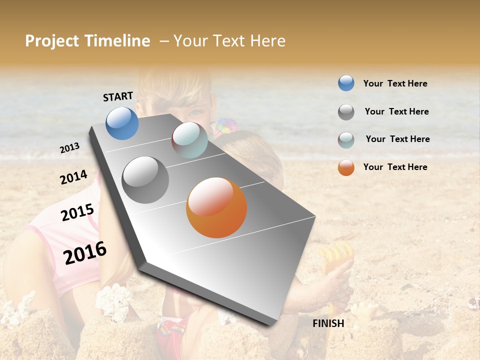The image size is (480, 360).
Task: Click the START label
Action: click(118, 96)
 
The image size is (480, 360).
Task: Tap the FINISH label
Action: click(328, 323)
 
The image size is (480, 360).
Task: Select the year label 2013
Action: click(70, 148)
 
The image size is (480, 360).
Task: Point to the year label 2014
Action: click(73, 177)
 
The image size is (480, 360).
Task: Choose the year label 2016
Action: click(85, 253)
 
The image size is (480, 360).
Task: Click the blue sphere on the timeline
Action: click(122, 123)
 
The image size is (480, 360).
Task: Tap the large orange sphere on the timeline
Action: click(216, 207)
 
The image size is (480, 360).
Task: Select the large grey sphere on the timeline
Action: click(145, 180)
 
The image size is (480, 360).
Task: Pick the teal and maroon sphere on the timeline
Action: click(189, 140)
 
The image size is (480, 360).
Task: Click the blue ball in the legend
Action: click(346, 83)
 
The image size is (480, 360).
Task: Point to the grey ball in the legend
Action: click(346, 112)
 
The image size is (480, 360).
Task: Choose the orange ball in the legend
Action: click(346, 167)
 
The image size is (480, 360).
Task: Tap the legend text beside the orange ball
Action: click(395, 167)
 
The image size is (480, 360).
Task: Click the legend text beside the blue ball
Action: click(395, 83)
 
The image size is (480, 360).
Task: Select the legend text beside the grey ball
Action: click(396, 111)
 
